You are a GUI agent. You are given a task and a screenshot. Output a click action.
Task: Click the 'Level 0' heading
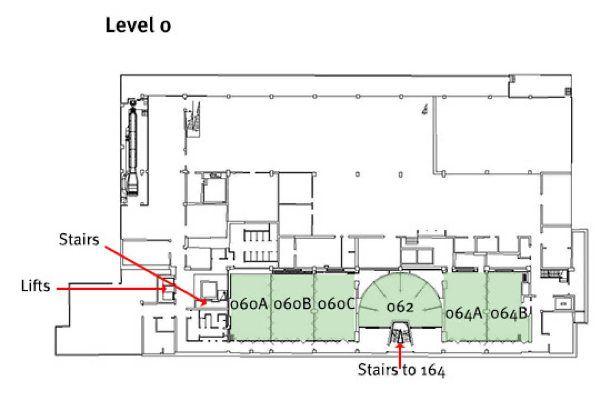point(138,25)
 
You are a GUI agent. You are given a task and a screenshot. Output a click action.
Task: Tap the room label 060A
point(249,304)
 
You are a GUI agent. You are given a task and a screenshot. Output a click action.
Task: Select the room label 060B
point(293,304)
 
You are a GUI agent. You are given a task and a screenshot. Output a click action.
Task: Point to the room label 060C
point(336,304)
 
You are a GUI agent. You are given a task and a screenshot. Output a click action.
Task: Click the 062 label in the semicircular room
point(400,307)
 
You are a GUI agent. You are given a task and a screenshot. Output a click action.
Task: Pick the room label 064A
point(464,313)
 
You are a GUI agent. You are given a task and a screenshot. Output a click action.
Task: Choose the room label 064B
point(509,313)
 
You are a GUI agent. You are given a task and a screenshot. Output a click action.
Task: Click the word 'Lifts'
point(36,286)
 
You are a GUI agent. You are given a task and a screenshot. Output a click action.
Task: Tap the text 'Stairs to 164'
point(401,370)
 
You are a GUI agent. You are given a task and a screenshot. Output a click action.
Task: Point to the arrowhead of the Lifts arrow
point(164,288)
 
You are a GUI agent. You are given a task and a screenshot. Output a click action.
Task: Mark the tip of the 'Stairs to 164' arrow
point(400,343)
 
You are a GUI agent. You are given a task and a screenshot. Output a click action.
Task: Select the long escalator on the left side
point(132,150)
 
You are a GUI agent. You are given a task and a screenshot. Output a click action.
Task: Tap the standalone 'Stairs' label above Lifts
point(79,239)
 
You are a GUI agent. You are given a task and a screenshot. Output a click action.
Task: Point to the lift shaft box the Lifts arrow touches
point(168,289)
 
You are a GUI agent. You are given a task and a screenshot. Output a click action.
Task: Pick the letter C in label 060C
point(350,304)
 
